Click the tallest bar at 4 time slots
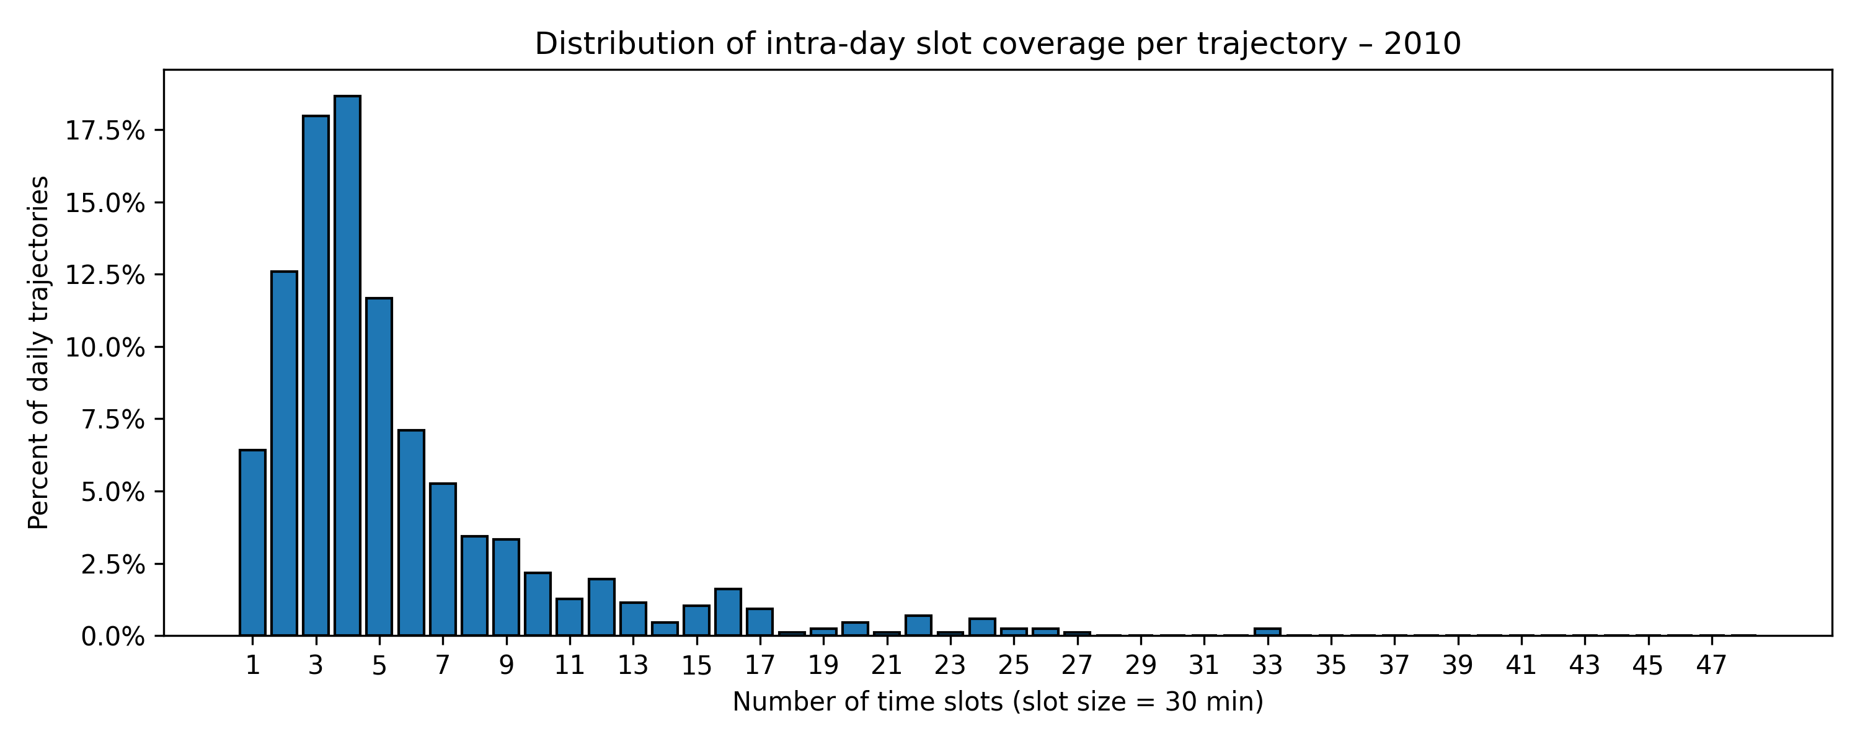pos(347,365)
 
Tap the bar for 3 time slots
pos(316,376)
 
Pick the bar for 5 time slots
pos(379,466)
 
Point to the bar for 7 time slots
pos(443,560)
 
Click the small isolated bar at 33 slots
pos(1267,632)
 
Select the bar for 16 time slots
pos(728,613)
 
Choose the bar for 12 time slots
pos(601,608)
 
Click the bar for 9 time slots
pos(506,587)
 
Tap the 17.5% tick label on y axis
pos(105,131)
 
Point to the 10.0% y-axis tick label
pos(105,347)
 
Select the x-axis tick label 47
pos(1711,665)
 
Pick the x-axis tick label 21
pos(887,665)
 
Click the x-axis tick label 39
pos(1458,665)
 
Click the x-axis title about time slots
pos(998,701)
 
